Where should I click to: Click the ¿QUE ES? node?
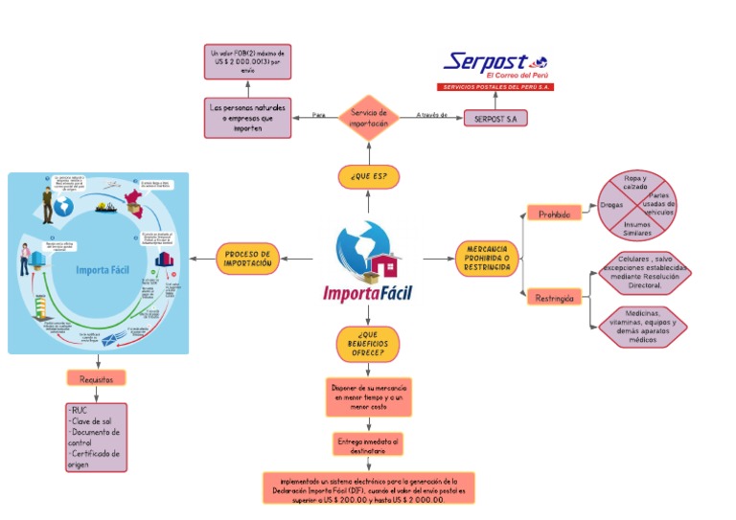click(x=368, y=177)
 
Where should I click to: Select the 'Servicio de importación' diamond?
click(x=368, y=118)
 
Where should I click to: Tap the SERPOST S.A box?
click(x=495, y=119)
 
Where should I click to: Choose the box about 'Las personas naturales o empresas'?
click(x=247, y=118)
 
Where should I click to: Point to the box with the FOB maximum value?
click(x=247, y=61)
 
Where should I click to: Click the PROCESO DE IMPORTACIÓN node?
click(x=248, y=259)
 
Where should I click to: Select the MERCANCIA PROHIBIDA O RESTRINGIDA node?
click(x=486, y=259)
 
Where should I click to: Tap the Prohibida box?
click(x=553, y=215)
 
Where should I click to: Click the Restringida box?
click(x=555, y=298)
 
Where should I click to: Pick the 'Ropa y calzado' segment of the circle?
click(x=634, y=182)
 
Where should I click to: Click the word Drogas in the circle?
click(x=611, y=205)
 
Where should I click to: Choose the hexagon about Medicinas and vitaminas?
click(x=643, y=327)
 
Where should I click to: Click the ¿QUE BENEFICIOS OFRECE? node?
click(x=368, y=344)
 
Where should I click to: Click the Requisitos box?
click(x=96, y=378)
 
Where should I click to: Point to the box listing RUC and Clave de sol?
click(x=96, y=437)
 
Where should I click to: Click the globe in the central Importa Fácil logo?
click(x=358, y=247)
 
